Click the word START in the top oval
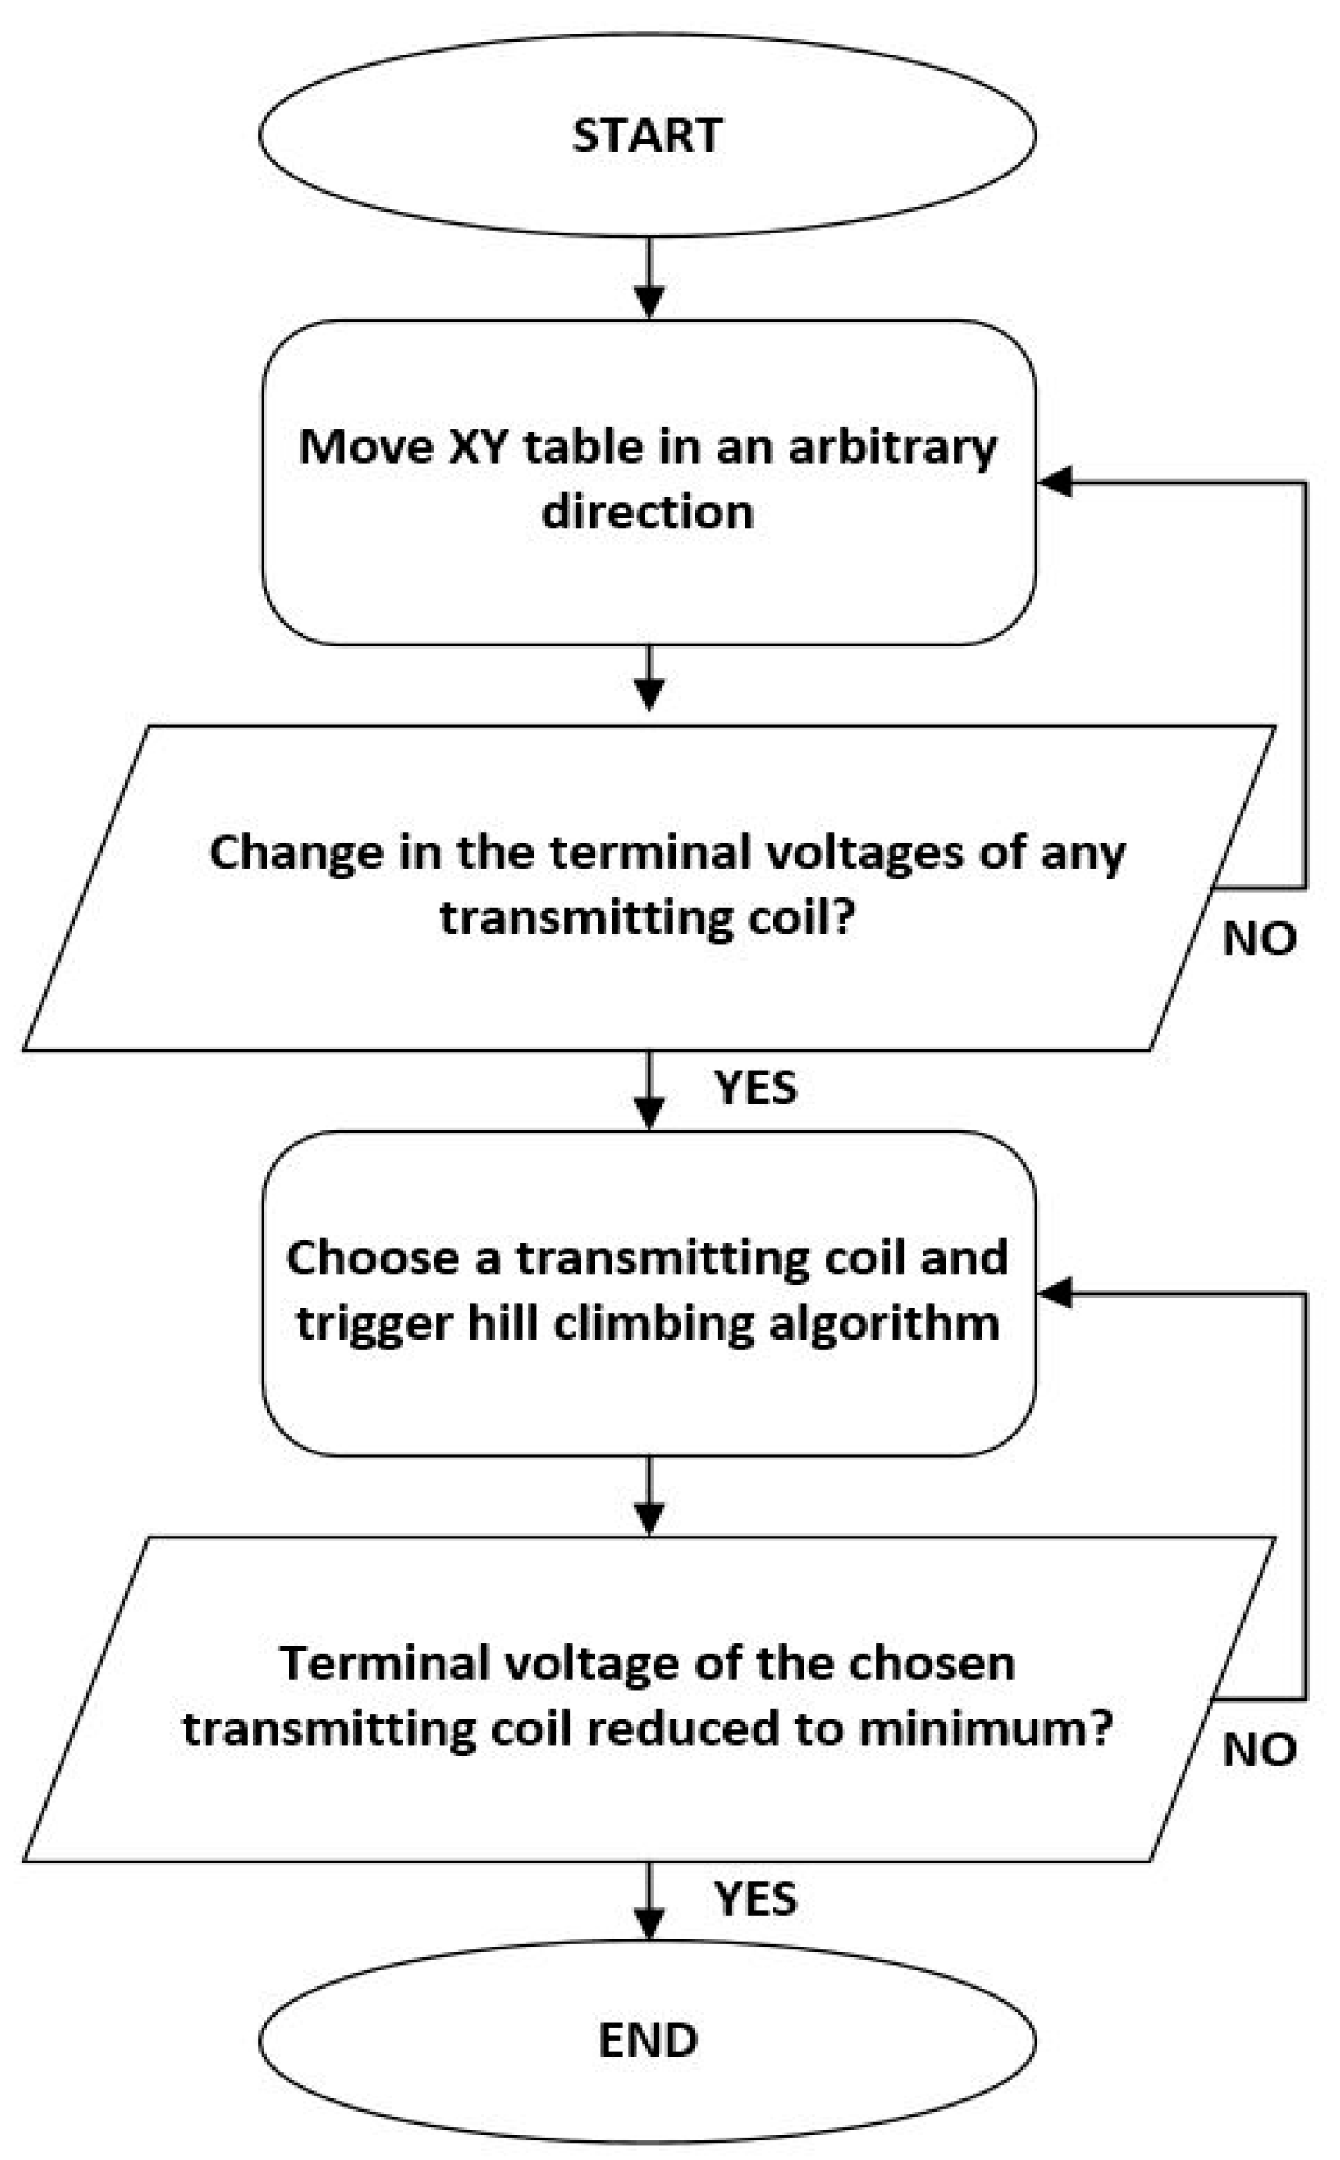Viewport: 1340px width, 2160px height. (647, 135)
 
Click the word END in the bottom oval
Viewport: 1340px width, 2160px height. (648, 2039)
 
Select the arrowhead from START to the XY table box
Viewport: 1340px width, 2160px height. (649, 302)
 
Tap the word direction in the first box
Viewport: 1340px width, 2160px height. (647, 512)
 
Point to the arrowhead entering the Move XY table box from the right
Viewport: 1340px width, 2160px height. (1055, 483)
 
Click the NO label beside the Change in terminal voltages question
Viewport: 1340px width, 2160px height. (1259, 938)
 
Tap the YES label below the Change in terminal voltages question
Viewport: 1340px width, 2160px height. (755, 1087)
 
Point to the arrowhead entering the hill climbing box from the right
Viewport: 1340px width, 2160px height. (1055, 1293)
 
